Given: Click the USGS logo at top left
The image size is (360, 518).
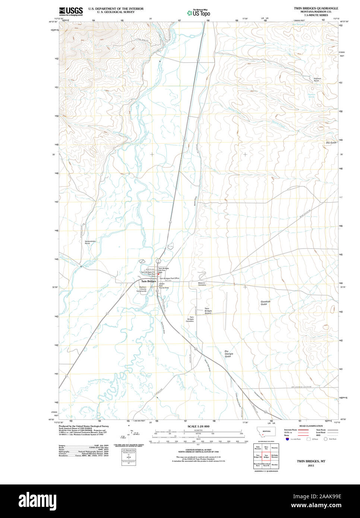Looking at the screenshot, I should tap(71, 11).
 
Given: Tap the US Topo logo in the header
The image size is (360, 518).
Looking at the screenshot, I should tap(198, 13).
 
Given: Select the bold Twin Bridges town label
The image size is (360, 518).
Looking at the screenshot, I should tap(148, 281).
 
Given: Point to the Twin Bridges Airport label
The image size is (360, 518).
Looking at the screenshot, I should tap(208, 311).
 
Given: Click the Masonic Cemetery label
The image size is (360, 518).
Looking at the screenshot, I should tap(202, 284).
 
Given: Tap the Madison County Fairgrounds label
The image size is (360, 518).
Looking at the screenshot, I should tap(143, 289).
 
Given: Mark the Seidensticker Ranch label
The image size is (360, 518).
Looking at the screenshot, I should tap(90, 242).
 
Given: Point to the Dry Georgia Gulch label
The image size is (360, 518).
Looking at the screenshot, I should tap(228, 354).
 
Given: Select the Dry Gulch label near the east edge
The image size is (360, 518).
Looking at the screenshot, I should tap(331, 143).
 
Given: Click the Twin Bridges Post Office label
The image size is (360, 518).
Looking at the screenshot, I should tap(170, 278).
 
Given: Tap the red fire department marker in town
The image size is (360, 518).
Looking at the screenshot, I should tap(158, 274).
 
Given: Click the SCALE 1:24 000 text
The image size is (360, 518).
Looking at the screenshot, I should tap(198, 426).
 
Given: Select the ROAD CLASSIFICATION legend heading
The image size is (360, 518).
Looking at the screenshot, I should tap(311, 426).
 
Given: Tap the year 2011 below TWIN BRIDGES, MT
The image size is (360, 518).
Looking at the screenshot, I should tap(311, 465).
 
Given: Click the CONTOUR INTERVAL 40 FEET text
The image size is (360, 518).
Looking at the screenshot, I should tap(198, 450).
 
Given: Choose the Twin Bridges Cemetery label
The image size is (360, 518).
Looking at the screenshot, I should tap(190, 319).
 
